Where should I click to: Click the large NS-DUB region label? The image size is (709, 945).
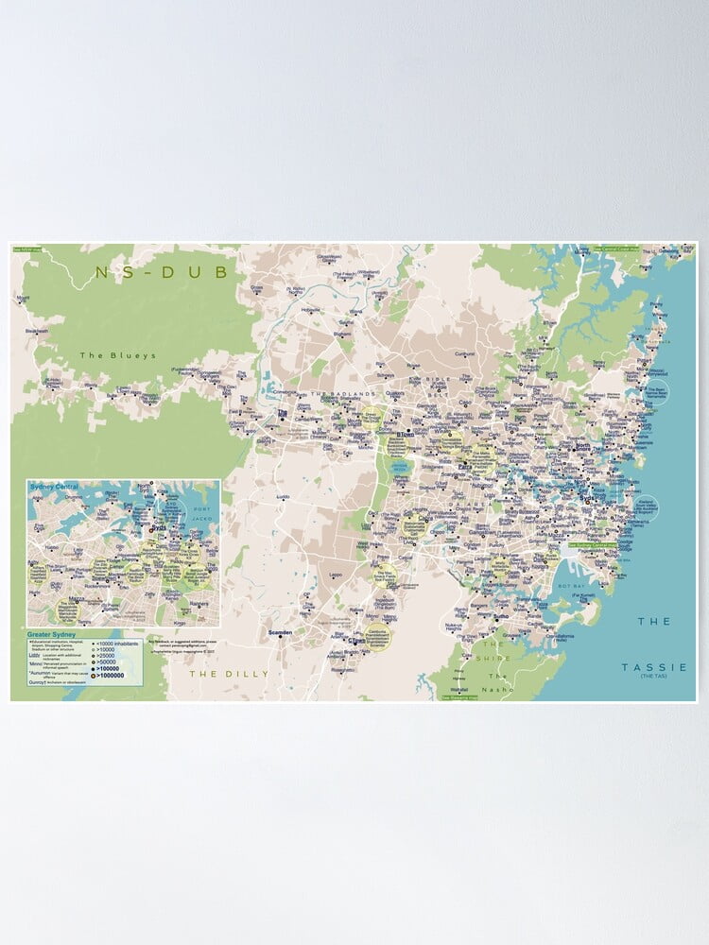[162, 273]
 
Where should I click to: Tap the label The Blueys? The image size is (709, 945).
[104, 355]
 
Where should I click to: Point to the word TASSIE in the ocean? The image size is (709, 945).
[655, 667]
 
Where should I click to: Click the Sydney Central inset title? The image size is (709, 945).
[55, 486]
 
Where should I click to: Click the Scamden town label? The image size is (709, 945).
[281, 632]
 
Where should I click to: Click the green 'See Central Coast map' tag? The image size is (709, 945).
[615, 250]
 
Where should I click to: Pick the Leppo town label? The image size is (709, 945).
[335, 574]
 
